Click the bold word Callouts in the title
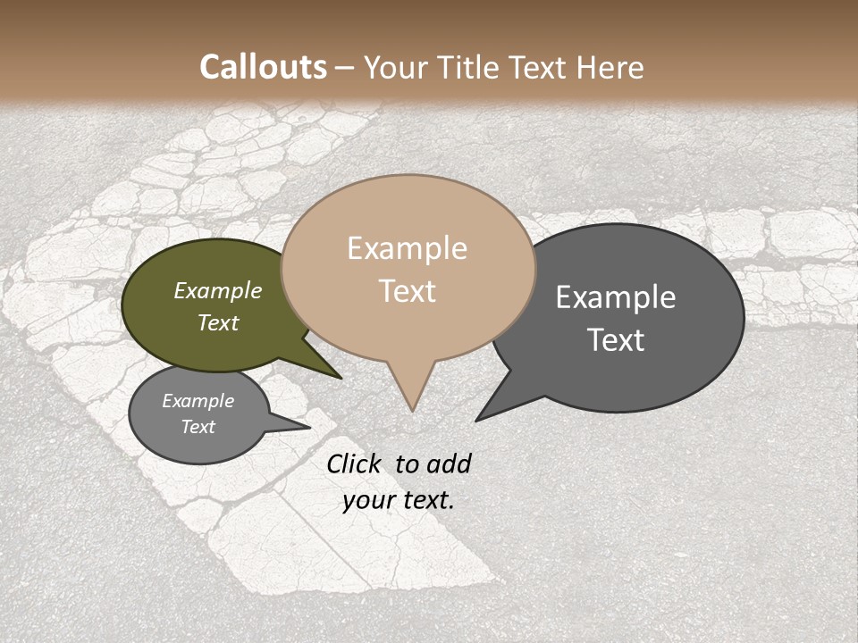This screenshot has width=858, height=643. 263,67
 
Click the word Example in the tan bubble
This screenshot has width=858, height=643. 407,248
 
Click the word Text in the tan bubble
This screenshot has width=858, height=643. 407,291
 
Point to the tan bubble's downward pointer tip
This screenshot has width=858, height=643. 412,411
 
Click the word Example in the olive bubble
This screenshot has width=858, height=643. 218,290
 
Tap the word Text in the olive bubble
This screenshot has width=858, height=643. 218,322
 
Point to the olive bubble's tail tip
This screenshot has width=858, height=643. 341,378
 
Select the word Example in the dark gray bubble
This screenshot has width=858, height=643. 616,297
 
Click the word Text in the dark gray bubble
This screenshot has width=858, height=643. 616,340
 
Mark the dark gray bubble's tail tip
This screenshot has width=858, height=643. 475,421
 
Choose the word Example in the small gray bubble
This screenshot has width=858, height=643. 198,401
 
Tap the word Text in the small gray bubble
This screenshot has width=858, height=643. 198,427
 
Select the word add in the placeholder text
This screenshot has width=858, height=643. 448,463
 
